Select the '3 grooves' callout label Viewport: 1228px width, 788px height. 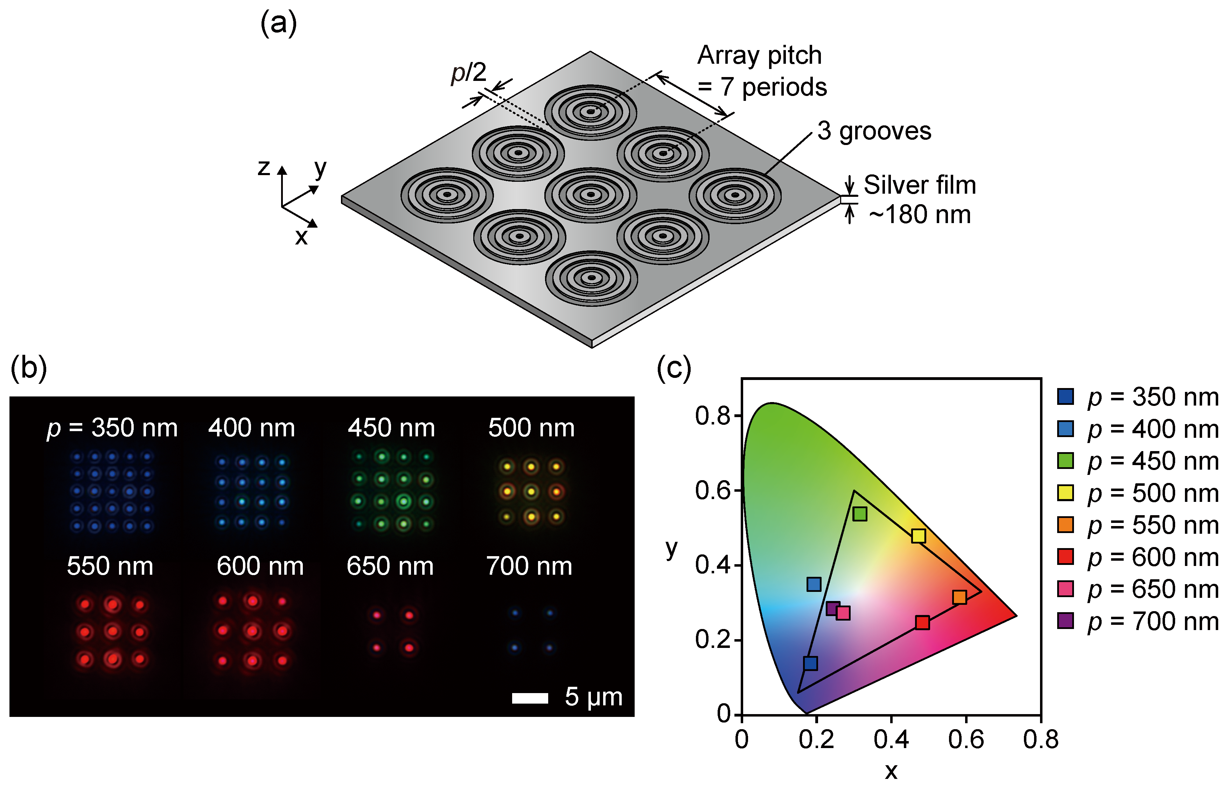point(873,131)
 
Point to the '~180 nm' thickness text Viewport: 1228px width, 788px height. point(919,214)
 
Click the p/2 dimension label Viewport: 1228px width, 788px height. point(468,72)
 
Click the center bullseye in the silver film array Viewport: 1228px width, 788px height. point(591,194)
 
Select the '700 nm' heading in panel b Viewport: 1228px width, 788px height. point(529,566)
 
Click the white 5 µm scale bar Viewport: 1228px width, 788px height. point(530,698)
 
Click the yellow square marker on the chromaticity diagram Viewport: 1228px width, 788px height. point(919,536)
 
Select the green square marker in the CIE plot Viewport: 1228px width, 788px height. point(860,514)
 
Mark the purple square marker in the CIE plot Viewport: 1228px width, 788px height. point(833,608)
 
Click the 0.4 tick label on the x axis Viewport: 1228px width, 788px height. point(891,740)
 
